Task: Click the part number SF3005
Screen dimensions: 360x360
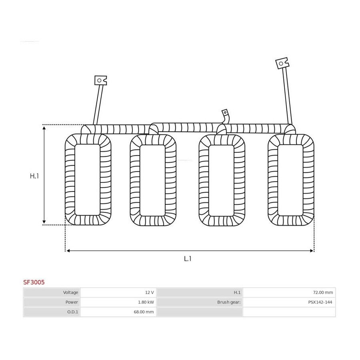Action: [34, 282]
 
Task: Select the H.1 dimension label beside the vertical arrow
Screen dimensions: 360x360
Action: [34, 176]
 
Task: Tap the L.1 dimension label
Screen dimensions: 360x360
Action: [188, 259]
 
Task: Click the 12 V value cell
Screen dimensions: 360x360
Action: [149, 292]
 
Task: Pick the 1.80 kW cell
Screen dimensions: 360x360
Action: [146, 302]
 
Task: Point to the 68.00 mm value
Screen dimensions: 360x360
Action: [144, 312]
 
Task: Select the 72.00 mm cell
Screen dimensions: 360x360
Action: [323, 292]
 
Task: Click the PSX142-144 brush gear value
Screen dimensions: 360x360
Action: [320, 302]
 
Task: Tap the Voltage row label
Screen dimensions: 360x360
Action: [70, 292]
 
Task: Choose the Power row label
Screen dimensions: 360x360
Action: [72, 302]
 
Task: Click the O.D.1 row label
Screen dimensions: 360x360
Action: [72, 312]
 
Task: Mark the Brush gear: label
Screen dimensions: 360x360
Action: [229, 302]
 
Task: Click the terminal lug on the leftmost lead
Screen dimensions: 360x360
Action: [100, 80]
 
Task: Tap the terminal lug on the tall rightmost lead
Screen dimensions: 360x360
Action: [282, 63]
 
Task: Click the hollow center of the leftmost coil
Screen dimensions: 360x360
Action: [88, 180]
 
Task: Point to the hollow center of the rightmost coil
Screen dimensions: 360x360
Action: [290, 180]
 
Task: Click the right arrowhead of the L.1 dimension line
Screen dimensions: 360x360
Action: [312, 251]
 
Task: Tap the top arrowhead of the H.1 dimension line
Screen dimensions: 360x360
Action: [44, 128]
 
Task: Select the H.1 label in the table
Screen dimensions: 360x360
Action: [237, 292]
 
